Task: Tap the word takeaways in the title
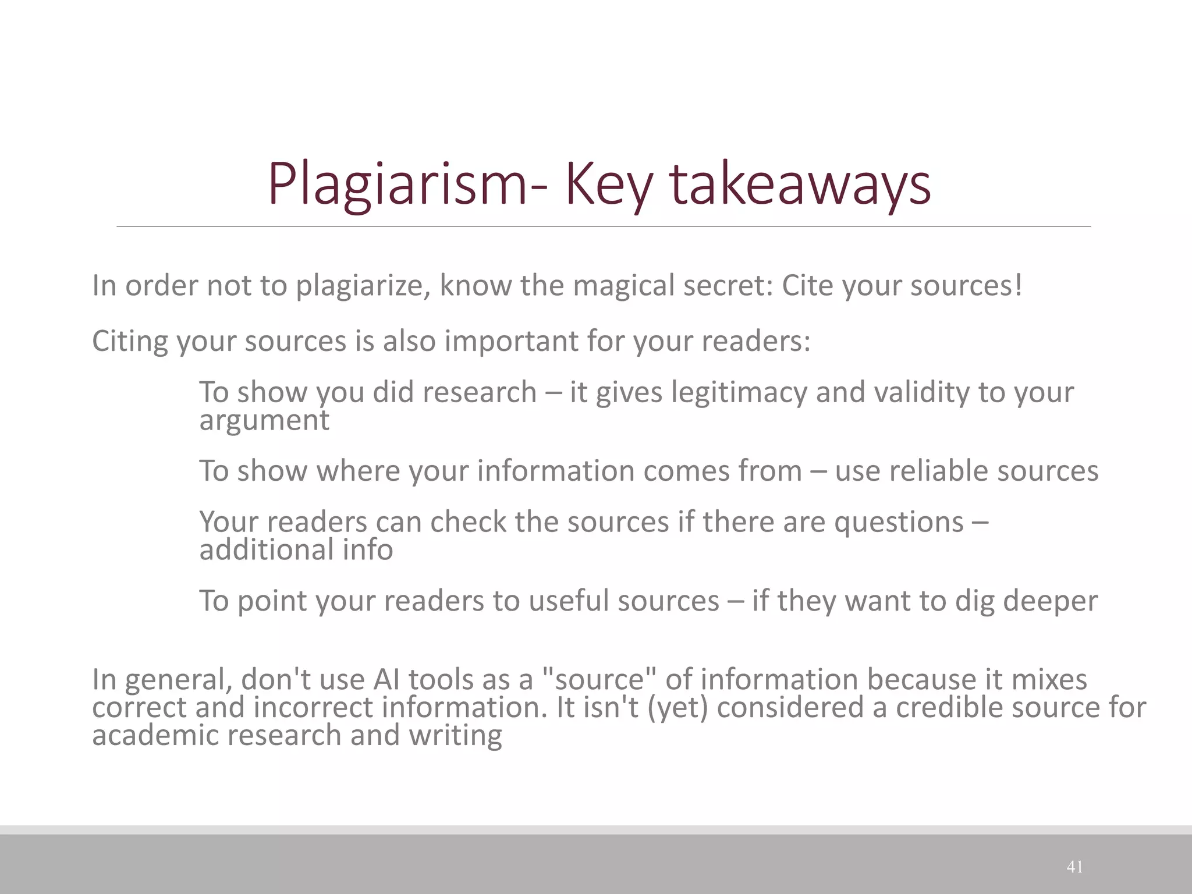(x=800, y=185)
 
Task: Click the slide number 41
(x=1074, y=867)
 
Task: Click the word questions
(x=899, y=522)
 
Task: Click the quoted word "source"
(x=599, y=680)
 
